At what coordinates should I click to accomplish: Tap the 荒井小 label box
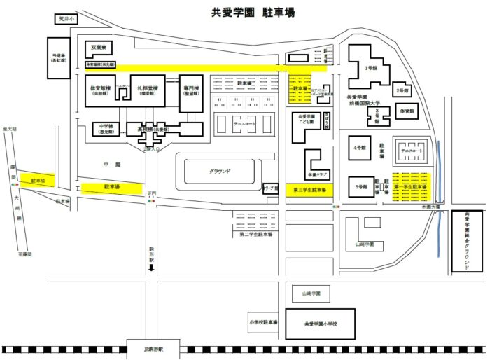(64, 20)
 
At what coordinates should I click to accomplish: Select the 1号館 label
(371, 69)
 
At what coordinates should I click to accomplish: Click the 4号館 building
(360, 148)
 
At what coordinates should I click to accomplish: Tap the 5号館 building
(360, 186)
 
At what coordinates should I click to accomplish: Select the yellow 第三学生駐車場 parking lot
(309, 190)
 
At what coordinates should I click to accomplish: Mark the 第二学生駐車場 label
(255, 235)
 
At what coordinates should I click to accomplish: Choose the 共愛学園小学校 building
(320, 324)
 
